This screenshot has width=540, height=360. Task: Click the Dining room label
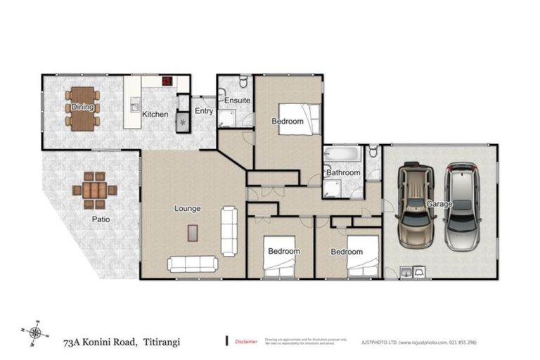click(82, 108)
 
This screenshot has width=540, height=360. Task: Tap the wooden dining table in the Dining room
click(82, 118)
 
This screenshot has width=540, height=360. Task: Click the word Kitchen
click(155, 113)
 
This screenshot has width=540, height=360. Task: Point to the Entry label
click(204, 110)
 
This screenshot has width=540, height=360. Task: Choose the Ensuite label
click(237, 101)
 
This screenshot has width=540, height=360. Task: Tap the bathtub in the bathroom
click(342, 154)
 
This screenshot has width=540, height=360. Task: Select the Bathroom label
click(342, 172)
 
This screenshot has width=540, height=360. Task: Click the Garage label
click(438, 204)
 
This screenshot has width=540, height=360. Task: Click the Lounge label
click(188, 208)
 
